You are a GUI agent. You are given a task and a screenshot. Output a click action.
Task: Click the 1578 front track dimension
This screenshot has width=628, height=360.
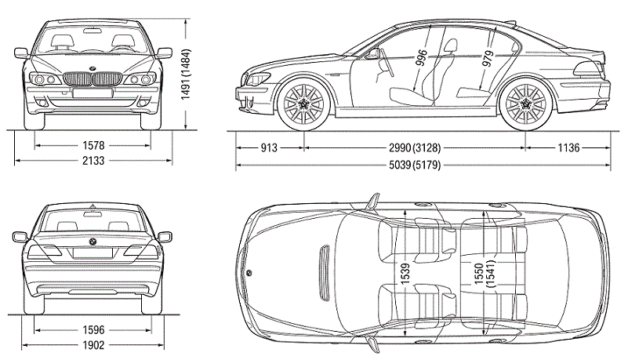point(93,146)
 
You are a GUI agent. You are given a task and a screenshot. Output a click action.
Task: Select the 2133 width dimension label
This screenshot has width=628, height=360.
point(93,161)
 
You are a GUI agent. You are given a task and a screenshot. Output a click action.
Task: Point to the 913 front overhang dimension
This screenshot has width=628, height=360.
point(270,147)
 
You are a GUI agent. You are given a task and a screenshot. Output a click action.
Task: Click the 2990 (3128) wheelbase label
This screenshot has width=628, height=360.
point(414,147)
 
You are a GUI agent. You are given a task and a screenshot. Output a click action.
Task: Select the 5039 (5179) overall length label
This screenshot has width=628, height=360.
point(423,164)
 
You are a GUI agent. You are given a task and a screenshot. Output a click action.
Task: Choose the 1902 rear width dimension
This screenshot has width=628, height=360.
point(93,345)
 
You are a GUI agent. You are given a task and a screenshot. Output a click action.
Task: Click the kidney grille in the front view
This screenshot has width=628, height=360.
point(93,79)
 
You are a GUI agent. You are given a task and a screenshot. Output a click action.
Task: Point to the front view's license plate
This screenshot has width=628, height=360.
point(93,93)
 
